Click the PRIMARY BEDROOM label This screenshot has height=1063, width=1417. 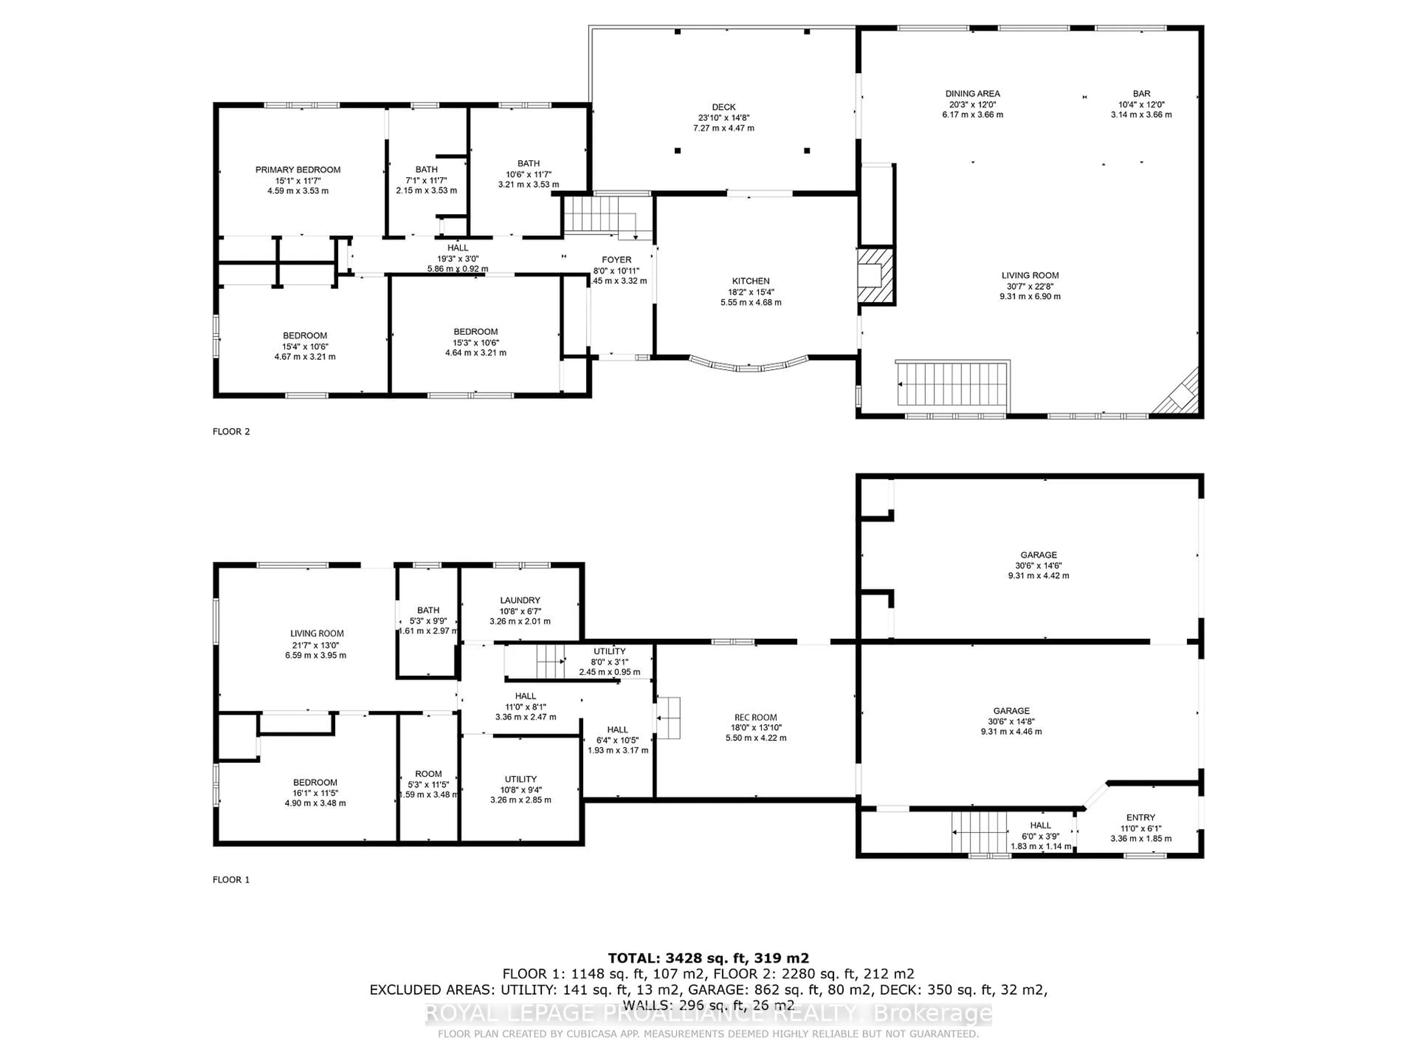(x=298, y=170)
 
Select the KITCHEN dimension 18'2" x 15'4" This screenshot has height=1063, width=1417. (x=751, y=292)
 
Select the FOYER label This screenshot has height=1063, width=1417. (x=616, y=259)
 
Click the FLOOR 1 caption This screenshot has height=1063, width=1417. (x=231, y=880)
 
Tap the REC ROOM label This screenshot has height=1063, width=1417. (x=755, y=718)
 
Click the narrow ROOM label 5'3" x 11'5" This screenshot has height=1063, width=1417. (x=428, y=774)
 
